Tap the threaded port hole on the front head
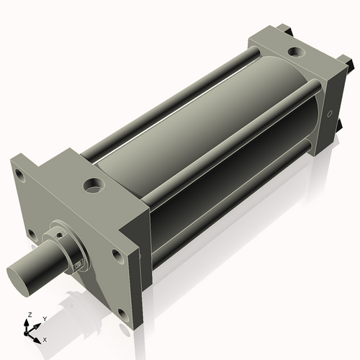point(94,186)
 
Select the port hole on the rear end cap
point(296,52)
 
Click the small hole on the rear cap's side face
point(330,114)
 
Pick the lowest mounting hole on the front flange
point(123,315)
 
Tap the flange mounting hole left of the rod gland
point(32,235)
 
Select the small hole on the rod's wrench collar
point(62,233)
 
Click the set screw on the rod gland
point(78,265)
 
